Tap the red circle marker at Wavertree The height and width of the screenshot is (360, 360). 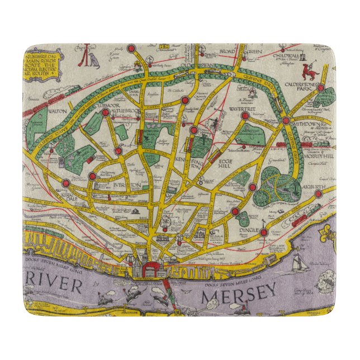point(245,116)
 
